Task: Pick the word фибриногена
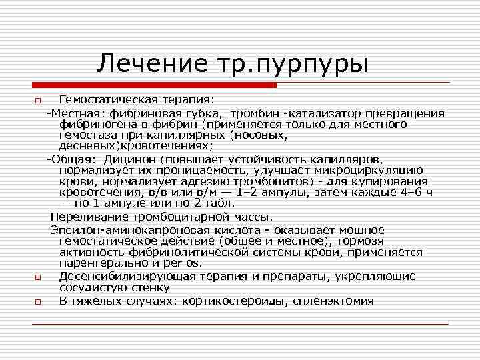pyautogui.click(x=93, y=125)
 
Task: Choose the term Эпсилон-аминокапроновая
pyautogui.click(x=120, y=229)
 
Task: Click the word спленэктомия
pyautogui.click(x=333, y=301)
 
